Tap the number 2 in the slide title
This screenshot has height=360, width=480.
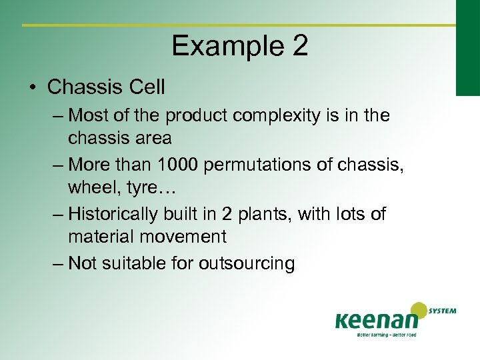coord(299,47)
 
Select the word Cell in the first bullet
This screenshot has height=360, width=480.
coord(145,87)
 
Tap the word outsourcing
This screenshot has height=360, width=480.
coord(247,264)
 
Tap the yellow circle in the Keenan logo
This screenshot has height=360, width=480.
coord(419,311)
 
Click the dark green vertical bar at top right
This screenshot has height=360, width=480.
coord(467,47)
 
